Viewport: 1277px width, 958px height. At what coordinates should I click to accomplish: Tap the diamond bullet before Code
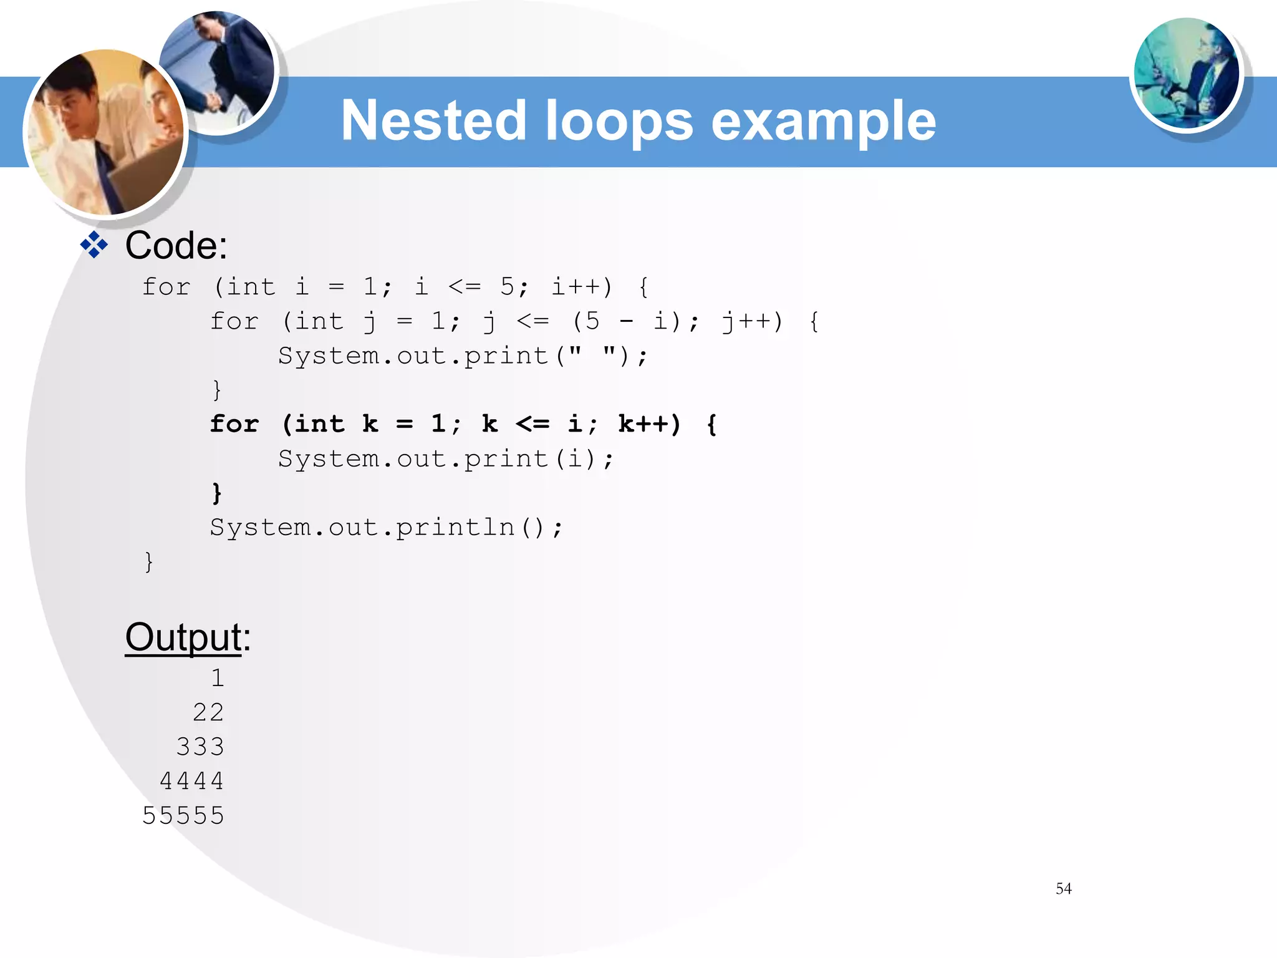pyautogui.click(x=94, y=245)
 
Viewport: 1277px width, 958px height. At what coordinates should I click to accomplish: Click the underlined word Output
pyautogui.click(x=183, y=637)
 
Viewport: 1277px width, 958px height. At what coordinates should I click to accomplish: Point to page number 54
pyautogui.click(x=1063, y=888)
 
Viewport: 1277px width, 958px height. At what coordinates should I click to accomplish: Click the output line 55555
pyautogui.click(x=183, y=815)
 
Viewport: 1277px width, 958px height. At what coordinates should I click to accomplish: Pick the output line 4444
pyautogui.click(x=191, y=781)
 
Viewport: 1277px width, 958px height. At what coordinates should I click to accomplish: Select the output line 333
pyautogui.click(x=200, y=747)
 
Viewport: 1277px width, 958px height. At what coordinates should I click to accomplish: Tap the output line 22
pyautogui.click(x=208, y=712)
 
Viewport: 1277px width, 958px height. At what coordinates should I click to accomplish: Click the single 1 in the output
pyautogui.click(x=217, y=678)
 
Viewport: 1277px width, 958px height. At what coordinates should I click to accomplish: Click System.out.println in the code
pyautogui.click(x=362, y=528)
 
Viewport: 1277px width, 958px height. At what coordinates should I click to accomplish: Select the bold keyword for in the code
pyautogui.click(x=234, y=424)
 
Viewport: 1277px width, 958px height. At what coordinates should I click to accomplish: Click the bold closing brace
pyautogui.click(x=216, y=493)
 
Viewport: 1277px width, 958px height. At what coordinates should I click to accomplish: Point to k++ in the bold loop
pyautogui.click(x=648, y=424)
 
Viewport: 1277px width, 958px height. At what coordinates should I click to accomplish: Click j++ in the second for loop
pyautogui.click(x=751, y=322)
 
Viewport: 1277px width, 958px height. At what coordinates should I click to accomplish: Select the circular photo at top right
pyautogui.click(x=1186, y=74)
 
